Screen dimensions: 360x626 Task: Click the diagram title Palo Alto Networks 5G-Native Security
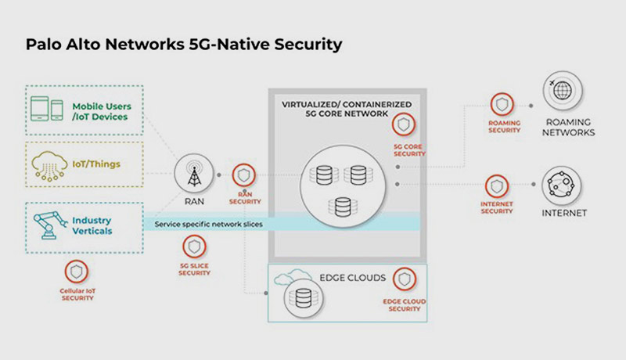pyautogui.click(x=184, y=45)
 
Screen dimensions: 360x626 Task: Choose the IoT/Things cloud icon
pyautogui.click(x=50, y=164)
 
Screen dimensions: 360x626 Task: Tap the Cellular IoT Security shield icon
pyautogui.click(x=77, y=272)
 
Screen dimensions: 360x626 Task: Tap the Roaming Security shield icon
pyautogui.click(x=501, y=105)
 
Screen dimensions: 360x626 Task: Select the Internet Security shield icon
pyautogui.click(x=497, y=187)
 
